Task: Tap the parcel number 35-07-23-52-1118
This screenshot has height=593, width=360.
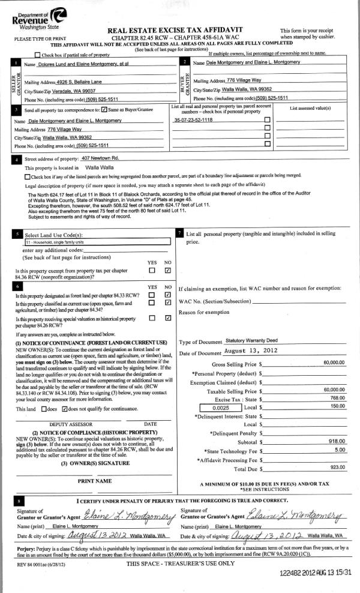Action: pyautogui.click(x=193, y=120)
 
